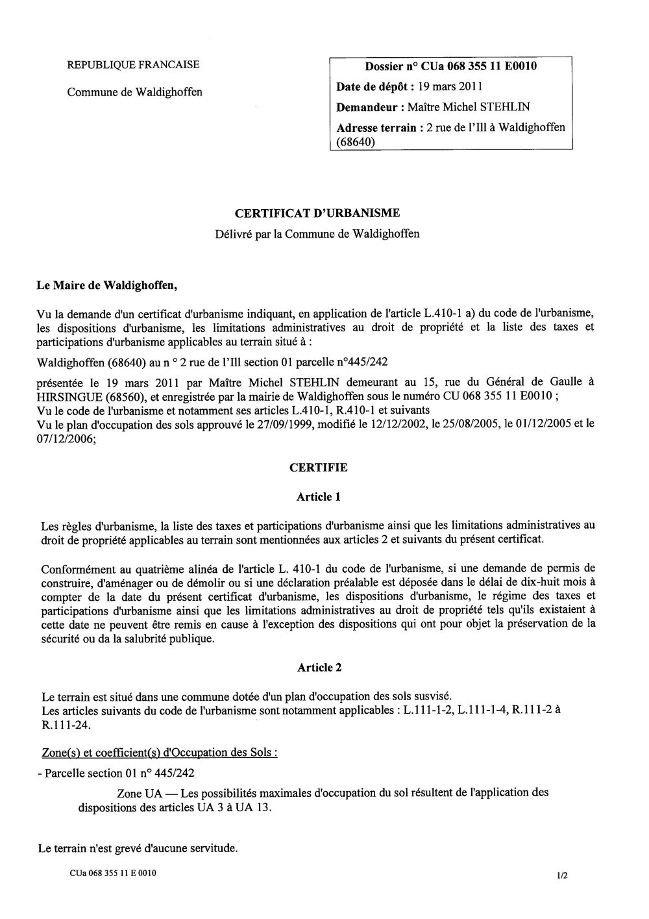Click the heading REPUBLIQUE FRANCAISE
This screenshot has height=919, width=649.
point(133,64)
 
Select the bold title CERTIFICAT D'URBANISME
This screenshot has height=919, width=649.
point(317,212)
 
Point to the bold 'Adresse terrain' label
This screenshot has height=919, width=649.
point(376,127)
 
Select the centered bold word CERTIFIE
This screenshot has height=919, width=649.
point(318,467)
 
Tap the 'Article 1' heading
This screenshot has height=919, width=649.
point(318,497)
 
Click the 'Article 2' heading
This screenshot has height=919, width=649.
point(318,667)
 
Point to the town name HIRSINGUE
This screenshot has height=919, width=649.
point(66,396)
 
